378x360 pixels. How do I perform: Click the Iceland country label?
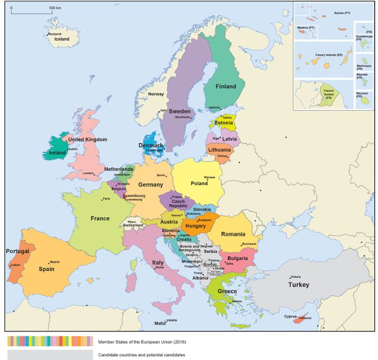61,40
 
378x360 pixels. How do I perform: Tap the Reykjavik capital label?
55,34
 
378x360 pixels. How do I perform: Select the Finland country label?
224,86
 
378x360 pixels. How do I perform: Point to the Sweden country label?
179,111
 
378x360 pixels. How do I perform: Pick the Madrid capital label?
54,261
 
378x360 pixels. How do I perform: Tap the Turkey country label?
298,285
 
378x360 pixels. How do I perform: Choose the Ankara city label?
296,276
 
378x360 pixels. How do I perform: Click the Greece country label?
227,292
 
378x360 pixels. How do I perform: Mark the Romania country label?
233,234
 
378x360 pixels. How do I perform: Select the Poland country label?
200,184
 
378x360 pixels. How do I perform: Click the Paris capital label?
106,199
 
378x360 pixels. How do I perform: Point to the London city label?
89,173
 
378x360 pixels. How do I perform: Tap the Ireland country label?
57,152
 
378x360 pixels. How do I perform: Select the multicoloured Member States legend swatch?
50,341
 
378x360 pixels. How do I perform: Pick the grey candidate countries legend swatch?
50,355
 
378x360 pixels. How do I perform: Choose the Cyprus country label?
290,316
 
